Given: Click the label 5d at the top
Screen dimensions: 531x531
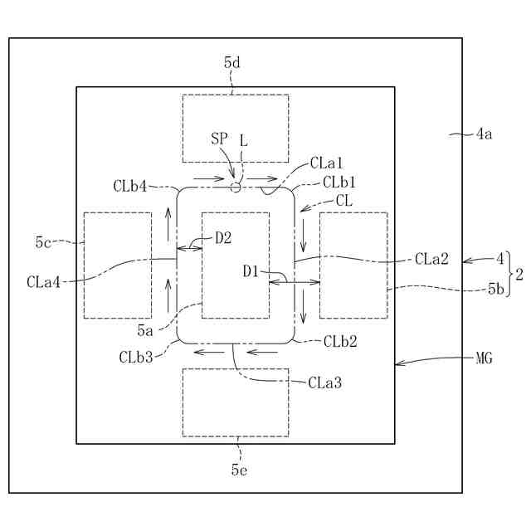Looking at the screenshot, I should coord(232,61).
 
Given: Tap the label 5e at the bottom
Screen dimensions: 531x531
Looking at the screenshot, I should coord(239,470).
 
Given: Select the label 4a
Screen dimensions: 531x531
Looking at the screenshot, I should coord(484,133).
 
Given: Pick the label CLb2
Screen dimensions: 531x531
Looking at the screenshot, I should coord(340,341).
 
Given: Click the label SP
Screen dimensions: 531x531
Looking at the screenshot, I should coord(220,140).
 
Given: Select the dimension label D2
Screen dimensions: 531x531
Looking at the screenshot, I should coord(223,238).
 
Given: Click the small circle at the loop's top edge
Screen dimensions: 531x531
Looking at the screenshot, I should coord(236,188).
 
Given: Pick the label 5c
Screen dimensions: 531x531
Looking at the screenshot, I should coord(44,242).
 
